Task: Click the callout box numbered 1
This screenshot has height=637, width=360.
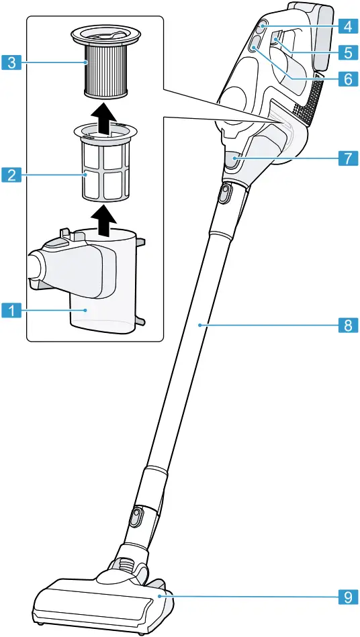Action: point(10,310)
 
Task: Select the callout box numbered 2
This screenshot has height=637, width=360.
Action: point(10,176)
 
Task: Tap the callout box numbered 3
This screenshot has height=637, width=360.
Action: point(10,64)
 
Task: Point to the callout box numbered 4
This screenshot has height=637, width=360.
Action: point(347,27)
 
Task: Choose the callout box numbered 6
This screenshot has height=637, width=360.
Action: point(347,79)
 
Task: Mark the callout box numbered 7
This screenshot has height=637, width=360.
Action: point(347,159)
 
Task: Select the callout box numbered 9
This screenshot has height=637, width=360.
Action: point(347,596)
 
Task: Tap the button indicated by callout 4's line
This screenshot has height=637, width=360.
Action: point(261,27)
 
